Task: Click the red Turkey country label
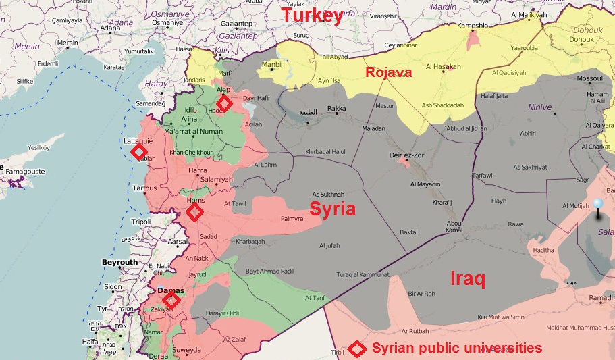tap(312, 16)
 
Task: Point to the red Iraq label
tap(467, 279)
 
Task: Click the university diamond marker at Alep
tap(223, 103)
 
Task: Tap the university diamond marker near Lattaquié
tap(138, 152)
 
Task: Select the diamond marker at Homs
tap(194, 212)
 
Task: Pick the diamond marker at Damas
tap(171, 300)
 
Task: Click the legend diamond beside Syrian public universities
tap(356, 349)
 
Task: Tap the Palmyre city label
tap(292, 219)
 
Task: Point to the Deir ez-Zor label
tap(406, 155)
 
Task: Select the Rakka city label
tap(336, 108)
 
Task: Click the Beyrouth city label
tap(119, 262)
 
